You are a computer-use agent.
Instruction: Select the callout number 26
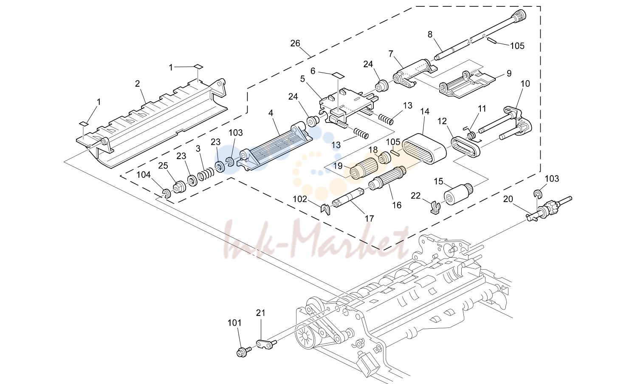tap(295, 43)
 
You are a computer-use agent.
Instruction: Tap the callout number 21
tap(260, 313)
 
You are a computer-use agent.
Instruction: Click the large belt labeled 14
tap(424, 149)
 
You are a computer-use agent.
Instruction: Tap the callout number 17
tap(369, 218)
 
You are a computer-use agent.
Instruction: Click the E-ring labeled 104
tap(167, 194)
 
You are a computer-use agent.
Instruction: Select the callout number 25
tap(163, 165)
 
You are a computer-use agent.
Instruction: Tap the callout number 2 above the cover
tap(138, 84)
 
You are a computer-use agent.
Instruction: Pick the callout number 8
tap(430, 34)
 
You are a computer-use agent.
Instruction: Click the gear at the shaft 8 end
tap(519, 14)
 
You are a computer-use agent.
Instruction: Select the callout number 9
tap(509, 74)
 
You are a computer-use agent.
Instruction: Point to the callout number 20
tap(508, 199)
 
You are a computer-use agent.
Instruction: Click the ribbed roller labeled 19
tap(363, 171)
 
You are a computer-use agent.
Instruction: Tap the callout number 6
tap(313, 71)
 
